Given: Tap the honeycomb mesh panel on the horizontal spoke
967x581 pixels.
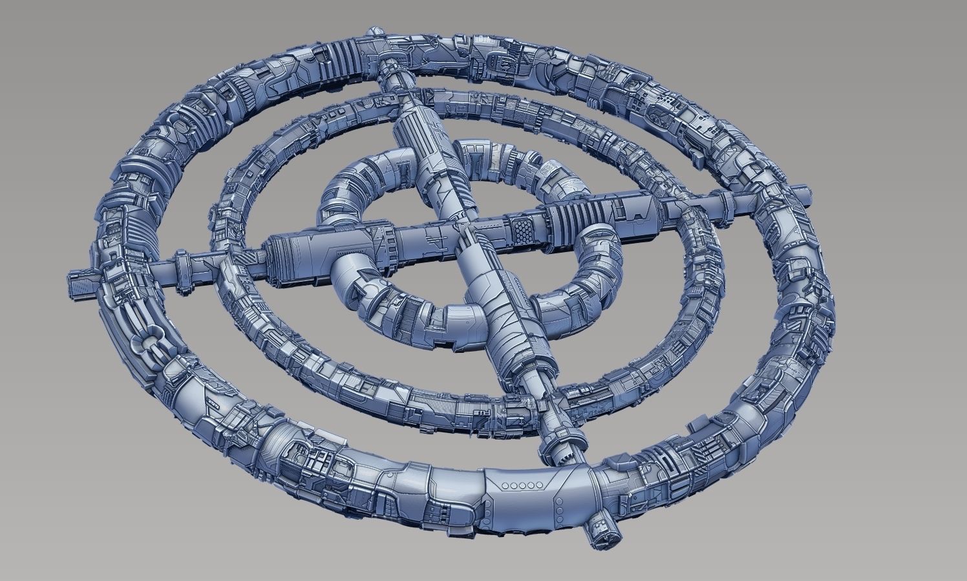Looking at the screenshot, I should pos(521,226).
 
